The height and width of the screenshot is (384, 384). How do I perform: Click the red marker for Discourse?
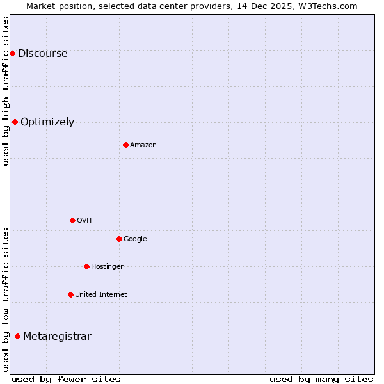tap(12, 53)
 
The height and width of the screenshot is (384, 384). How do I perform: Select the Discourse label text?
tap(42, 54)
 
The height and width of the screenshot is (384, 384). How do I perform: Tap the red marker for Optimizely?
tap(15, 122)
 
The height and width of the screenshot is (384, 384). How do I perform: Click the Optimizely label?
tap(47, 122)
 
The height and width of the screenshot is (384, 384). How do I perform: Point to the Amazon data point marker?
tap(125, 145)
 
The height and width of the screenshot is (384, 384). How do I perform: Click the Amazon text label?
tap(143, 145)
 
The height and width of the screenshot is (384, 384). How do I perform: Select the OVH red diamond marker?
tap(72, 220)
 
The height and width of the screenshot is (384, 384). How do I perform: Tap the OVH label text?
tap(84, 221)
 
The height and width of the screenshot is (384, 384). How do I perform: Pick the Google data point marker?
tap(119, 239)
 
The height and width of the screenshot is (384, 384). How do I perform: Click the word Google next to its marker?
tap(135, 239)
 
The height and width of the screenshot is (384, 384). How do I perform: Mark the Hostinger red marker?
tap(86, 266)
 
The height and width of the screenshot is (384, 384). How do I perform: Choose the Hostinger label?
tap(107, 267)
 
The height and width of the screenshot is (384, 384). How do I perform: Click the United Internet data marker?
tap(70, 294)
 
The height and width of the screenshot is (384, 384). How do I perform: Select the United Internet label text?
tap(100, 295)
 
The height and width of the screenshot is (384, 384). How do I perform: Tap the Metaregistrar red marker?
tap(17, 336)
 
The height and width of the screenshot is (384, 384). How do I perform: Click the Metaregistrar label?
tap(57, 337)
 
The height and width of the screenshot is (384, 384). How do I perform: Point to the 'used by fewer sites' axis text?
tap(66, 379)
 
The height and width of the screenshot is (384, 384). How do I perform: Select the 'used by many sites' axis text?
tap(321, 379)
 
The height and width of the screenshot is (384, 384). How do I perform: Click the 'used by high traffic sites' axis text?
tap(6, 91)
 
